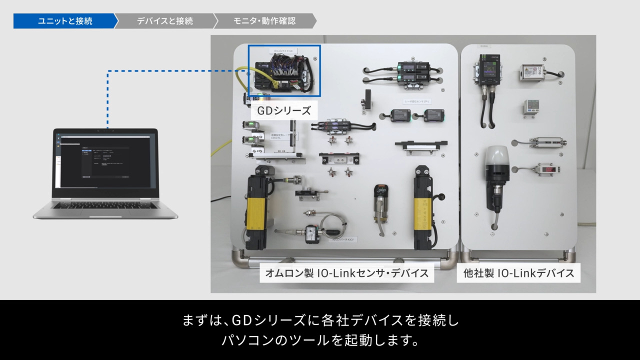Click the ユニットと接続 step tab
click(65, 21)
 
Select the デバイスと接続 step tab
click(164, 21)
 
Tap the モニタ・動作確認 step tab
click(264, 21)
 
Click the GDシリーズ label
click(283, 110)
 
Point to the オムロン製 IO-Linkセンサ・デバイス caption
click(347, 273)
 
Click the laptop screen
click(105, 159)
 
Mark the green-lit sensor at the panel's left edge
click(248, 125)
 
